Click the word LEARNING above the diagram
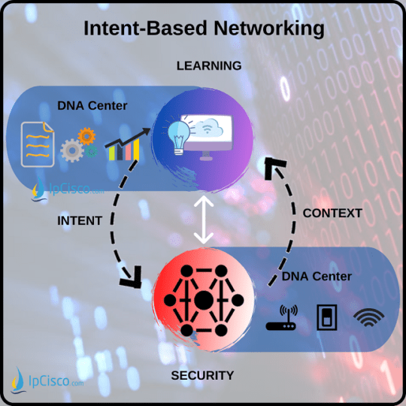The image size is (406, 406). click(209, 66)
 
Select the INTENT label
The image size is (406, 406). click(80, 221)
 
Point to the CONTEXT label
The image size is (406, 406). click(332, 214)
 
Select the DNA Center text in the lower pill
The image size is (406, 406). click(317, 277)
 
